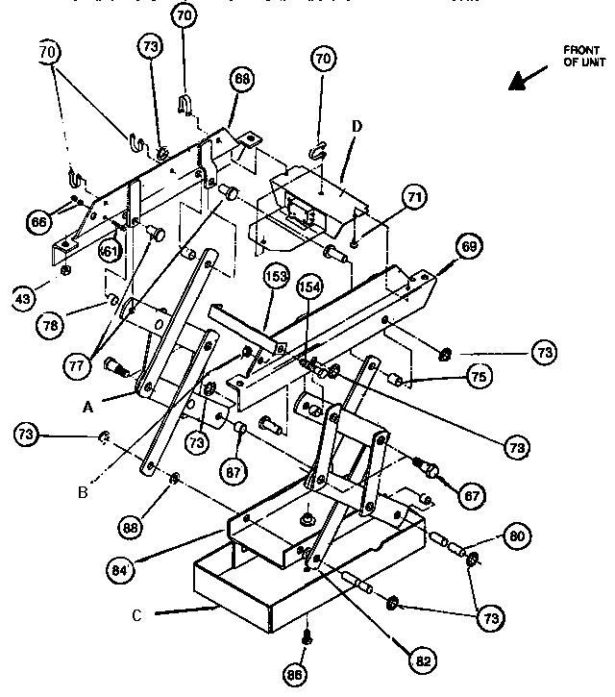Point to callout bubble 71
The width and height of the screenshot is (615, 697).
[x=413, y=200]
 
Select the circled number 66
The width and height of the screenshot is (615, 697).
[x=39, y=222]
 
